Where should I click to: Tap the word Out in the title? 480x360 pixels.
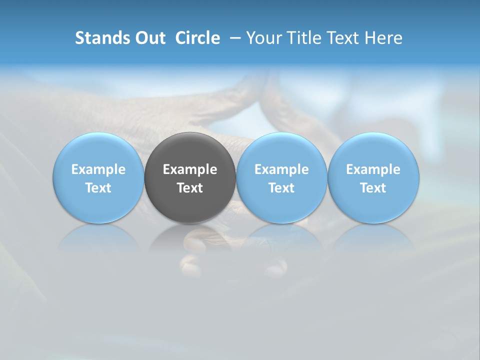pos(149,38)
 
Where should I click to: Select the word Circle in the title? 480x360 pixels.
pos(197,38)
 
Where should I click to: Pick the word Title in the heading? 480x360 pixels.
pos(303,38)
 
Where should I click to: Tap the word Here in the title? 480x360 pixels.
pos(383,38)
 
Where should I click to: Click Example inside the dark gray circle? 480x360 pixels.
pos(190,169)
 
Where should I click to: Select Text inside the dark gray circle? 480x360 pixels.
pos(190,188)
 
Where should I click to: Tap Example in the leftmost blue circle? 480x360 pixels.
pos(98,169)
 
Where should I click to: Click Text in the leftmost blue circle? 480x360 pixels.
pos(98,188)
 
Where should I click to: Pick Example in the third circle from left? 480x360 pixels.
pos(281,169)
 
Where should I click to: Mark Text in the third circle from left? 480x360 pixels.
pos(281,188)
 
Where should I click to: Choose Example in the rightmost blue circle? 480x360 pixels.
pos(373,169)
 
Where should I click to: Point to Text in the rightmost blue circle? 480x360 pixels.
pos(373,188)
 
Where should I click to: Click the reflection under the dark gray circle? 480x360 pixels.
pos(190,237)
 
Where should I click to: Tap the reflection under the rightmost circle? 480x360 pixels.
pos(373,237)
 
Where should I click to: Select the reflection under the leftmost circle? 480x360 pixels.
pos(98,237)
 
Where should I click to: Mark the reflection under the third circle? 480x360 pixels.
pos(281,237)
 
